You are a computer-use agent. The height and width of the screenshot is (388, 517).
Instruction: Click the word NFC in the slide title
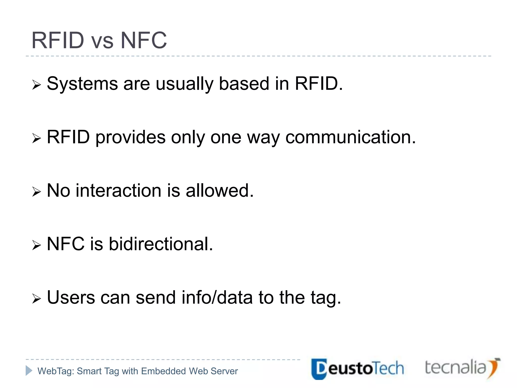click(144, 40)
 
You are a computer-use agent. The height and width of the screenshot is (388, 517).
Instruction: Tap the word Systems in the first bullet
click(82, 84)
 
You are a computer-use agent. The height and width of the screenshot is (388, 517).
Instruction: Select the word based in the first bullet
click(244, 84)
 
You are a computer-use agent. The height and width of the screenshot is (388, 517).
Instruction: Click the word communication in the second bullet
click(350, 137)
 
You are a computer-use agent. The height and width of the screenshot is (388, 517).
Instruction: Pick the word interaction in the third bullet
click(118, 191)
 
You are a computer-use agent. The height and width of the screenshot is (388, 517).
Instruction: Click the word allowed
click(219, 191)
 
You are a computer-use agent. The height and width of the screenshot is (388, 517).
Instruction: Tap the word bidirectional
click(161, 244)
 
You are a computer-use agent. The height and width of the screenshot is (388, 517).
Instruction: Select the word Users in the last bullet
click(71, 298)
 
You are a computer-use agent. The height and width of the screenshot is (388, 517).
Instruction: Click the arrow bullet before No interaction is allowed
click(36, 192)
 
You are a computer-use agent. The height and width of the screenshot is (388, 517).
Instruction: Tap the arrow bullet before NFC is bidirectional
click(36, 245)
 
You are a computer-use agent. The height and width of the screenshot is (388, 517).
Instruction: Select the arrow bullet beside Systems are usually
click(36, 85)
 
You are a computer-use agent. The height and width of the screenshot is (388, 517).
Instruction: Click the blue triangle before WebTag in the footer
click(29, 371)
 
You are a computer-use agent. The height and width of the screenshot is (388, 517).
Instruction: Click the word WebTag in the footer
click(56, 371)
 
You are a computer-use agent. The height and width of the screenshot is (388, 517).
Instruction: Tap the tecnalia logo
click(462, 368)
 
